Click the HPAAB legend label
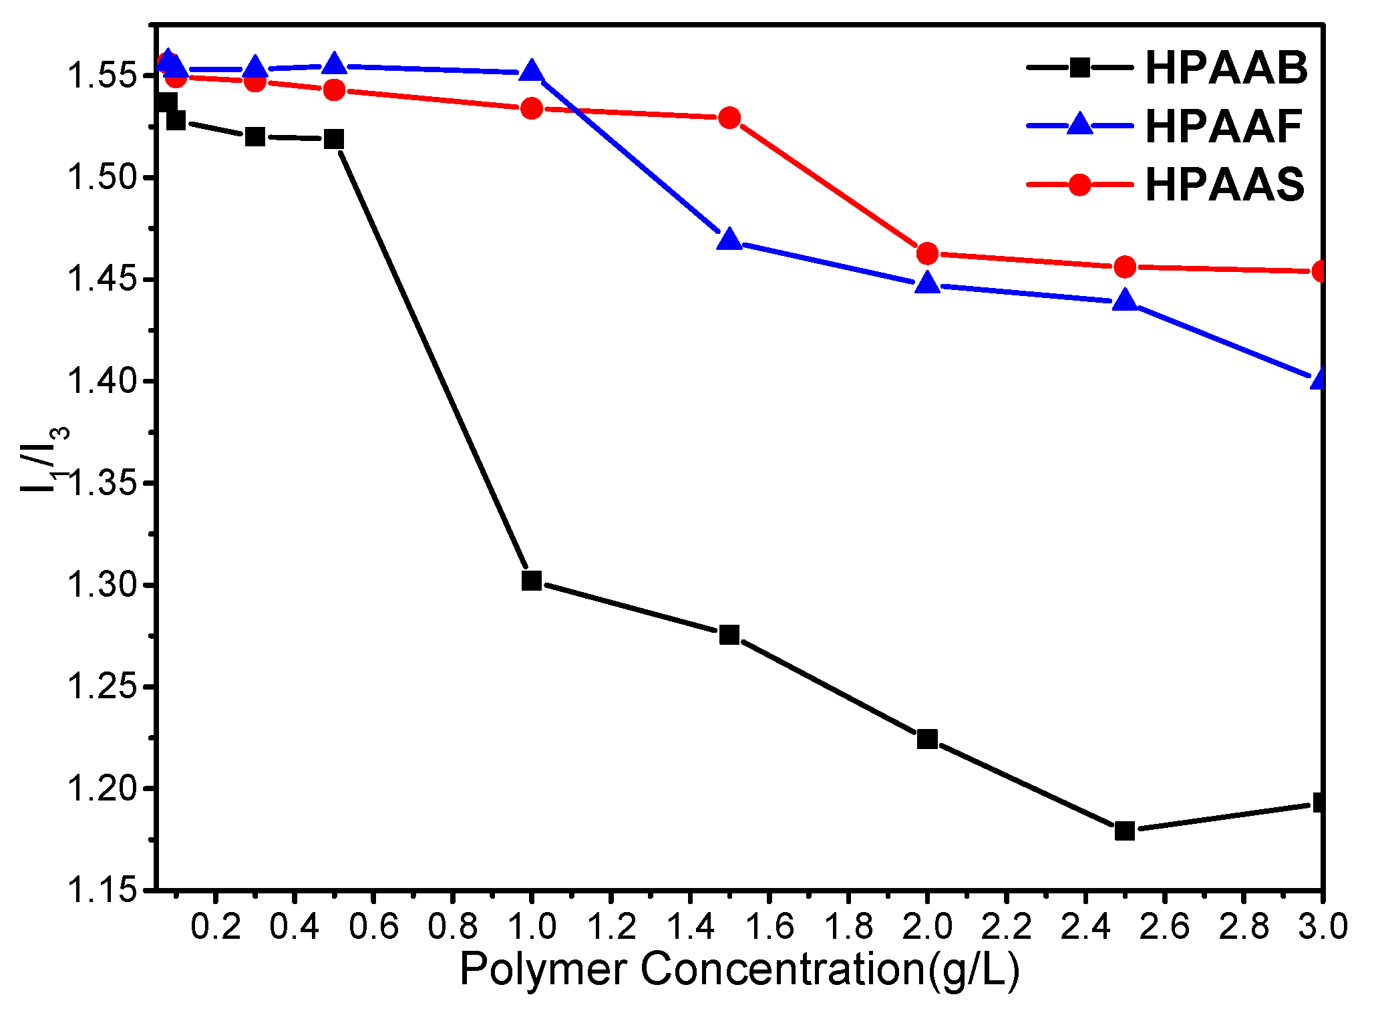click(1226, 68)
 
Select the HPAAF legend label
click(1223, 126)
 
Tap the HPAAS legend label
click(1224, 184)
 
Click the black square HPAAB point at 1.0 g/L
click(532, 580)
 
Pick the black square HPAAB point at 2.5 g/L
click(1125, 831)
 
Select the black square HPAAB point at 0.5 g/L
click(334, 139)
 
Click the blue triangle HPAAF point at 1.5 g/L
click(729, 240)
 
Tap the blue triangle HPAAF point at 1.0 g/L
click(532, 71)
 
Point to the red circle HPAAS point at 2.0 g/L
click(927, 253)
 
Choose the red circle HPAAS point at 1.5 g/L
click(729, 118)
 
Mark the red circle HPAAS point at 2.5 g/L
click(1125, 267)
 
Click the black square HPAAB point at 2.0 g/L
click(927, 738)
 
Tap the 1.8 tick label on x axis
click(848, 927)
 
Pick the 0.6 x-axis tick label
click(373, 927)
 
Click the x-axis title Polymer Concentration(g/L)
click(739, 970)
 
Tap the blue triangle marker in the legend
click(1079, 125)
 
